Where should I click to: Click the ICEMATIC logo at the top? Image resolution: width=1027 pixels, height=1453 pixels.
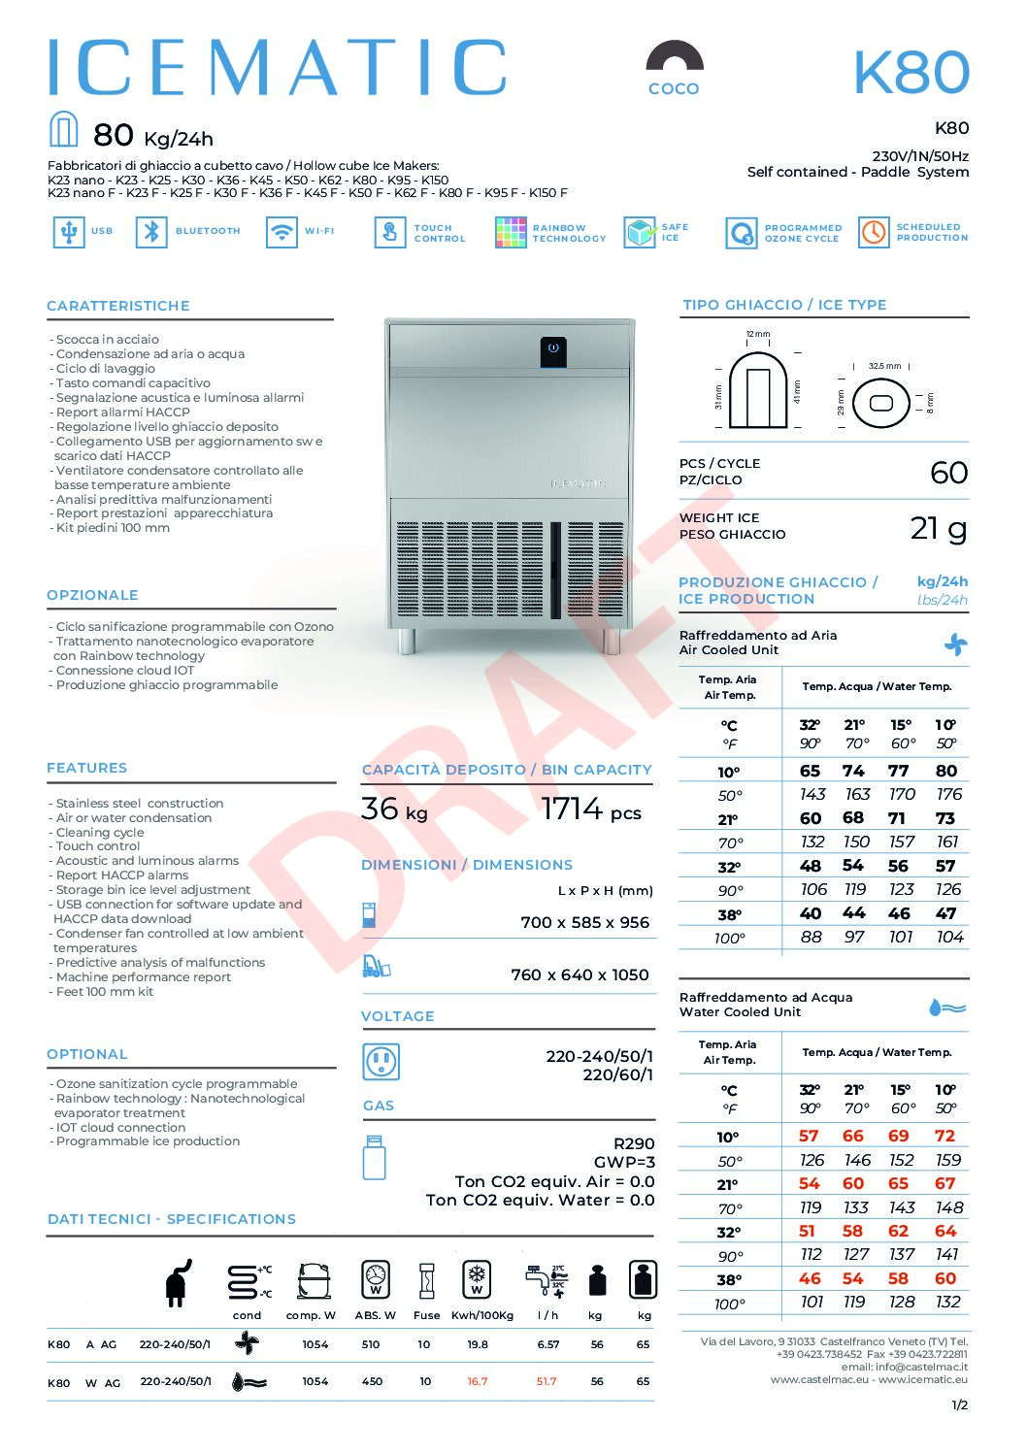point(277,68)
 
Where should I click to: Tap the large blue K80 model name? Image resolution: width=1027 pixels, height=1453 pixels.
point(911,73)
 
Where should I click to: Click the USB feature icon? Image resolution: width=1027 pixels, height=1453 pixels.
point(68,232)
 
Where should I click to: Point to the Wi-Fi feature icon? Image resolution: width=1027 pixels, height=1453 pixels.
point(282,232)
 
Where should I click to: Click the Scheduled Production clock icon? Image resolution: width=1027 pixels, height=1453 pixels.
point(874,232)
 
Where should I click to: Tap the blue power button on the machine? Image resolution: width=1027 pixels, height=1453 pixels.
point(552,347)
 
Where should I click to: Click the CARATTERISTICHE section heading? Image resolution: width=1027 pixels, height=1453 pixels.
point(118,306)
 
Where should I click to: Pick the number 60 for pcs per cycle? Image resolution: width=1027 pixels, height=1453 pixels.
point(948,473)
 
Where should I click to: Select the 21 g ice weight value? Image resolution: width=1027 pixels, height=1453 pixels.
point(938,528)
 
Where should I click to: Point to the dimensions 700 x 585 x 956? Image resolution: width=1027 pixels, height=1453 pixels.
point(584,922)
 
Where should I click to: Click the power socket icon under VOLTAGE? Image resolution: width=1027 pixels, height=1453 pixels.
point(381,1062)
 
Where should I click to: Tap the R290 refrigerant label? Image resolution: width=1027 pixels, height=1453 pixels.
point(634,1143)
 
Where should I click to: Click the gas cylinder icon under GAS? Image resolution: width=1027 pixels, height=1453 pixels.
point(374,1157)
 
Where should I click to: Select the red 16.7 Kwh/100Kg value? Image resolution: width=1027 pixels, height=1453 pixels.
point(477,1381)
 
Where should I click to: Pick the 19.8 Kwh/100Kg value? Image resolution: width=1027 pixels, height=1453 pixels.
point(478,1344)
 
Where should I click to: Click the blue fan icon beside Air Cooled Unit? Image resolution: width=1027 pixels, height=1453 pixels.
point(955,644)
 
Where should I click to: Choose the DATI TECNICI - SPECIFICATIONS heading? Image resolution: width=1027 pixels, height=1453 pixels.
point(172,1219)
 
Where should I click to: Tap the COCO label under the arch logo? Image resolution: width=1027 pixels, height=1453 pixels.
point(674,88)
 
